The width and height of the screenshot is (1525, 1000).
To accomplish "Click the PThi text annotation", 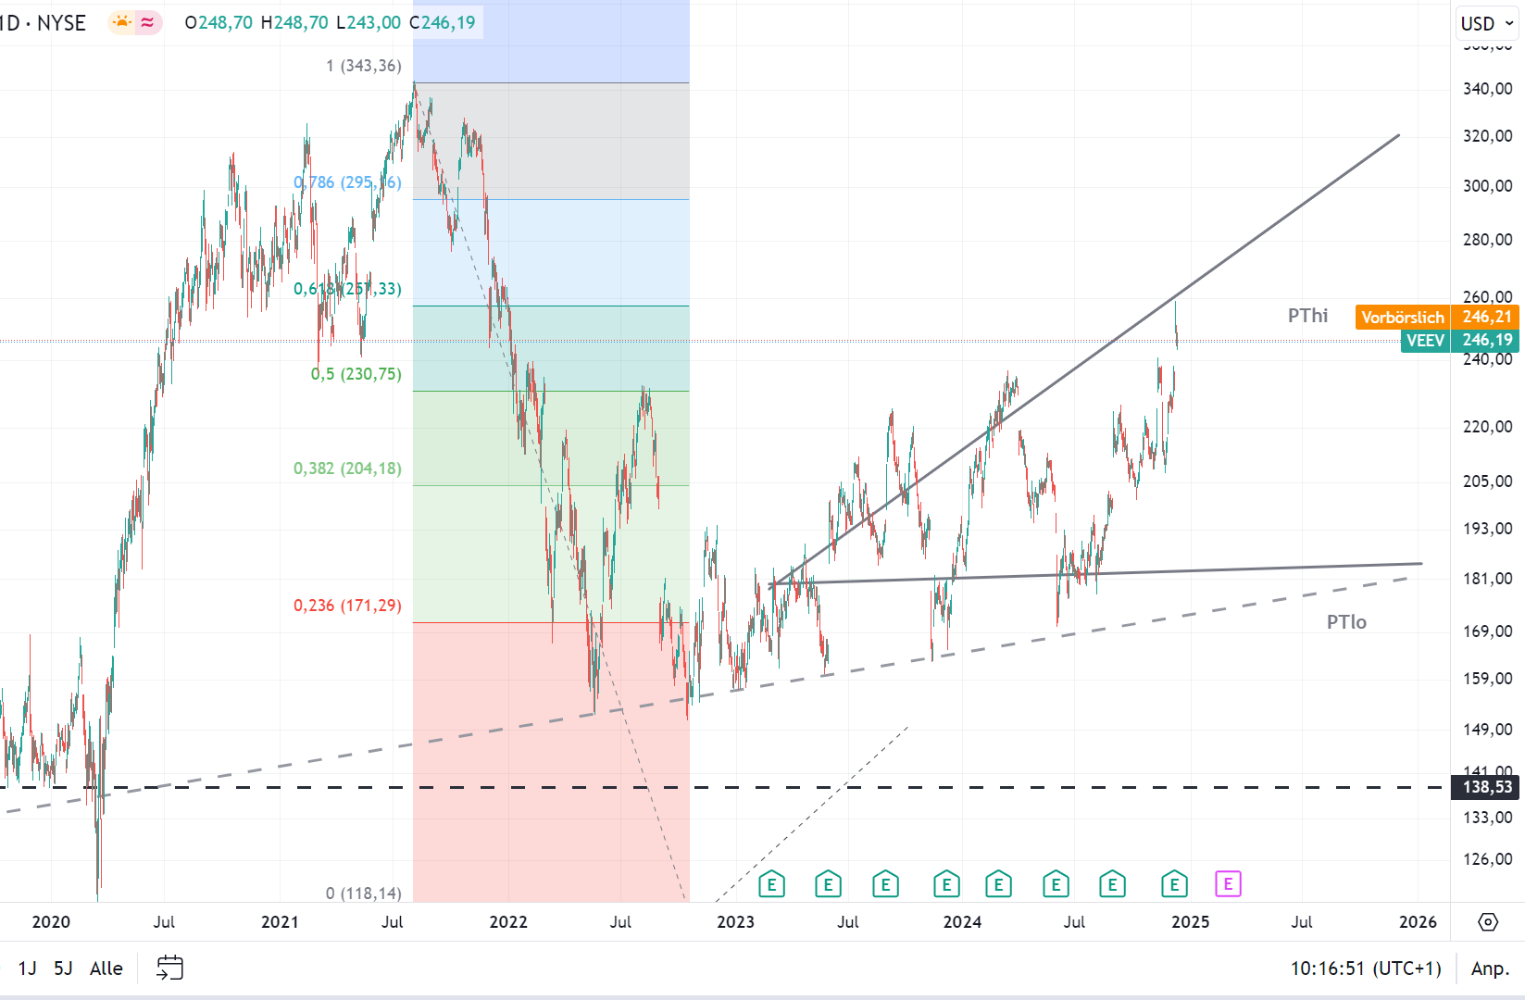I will click(x=1307, y=316).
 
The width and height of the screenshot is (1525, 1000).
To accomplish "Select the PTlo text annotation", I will click(x=1346, y=622).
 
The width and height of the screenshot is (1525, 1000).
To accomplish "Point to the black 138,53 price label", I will click(x=1487, y=787).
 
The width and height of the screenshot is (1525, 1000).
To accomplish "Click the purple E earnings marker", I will click(x=1228, y=884).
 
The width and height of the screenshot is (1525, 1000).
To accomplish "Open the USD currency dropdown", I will click(x=1486, y=23).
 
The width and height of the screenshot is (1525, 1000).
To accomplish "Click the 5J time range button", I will click(x=63, y=969).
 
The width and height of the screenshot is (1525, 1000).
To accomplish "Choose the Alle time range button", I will click(x=106, y=969).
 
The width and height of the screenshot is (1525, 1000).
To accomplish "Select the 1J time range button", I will click(x=28, y=969).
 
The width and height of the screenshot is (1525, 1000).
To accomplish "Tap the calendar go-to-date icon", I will click(x=170, y=969).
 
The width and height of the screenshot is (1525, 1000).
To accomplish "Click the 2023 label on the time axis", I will click(x=735, y=922).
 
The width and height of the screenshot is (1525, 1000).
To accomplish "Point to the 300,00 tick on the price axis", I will click(x=1487, y=186).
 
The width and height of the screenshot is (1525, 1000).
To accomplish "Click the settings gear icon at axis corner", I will click(x=1488, y=922).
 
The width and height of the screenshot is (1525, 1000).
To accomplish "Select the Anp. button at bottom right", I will click(x=1490, y=969).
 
